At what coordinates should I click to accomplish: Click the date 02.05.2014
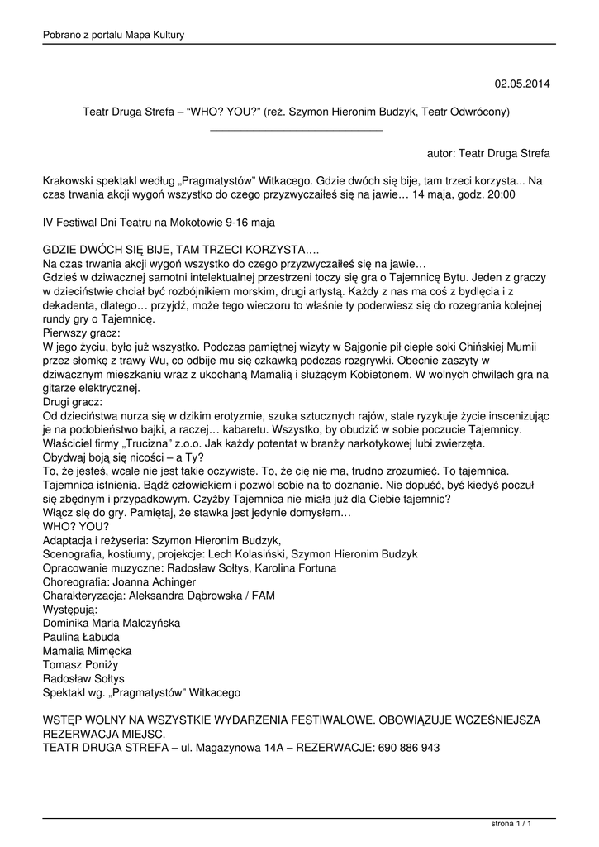(521, 84)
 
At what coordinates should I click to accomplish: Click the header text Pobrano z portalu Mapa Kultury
(113, 35)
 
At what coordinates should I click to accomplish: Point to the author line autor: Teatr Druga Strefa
(488, 153)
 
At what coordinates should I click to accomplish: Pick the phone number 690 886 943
(409, 747)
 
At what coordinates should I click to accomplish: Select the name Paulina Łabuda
(81, 637)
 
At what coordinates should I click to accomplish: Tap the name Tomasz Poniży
(80, 664)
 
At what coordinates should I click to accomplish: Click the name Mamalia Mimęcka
(87, 651)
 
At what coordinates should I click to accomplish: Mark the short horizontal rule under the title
(296, 130)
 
